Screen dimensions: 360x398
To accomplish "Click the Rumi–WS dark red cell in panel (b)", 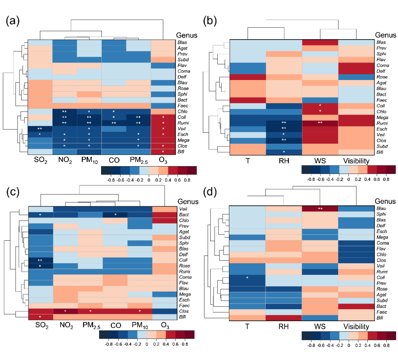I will pyautogui.click(x=320, y=122).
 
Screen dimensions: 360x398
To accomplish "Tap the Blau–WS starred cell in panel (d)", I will pyautogui.click(x=320, y=209).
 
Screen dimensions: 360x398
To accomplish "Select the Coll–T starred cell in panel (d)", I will pyautogui.click(x=247, y=278).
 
